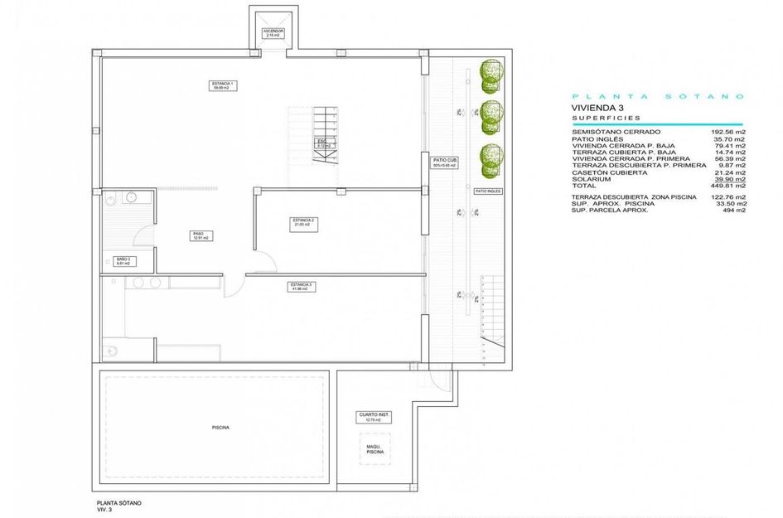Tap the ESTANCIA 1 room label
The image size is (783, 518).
(x=222, y=85)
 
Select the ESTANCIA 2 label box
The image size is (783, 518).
(x=301, y=222)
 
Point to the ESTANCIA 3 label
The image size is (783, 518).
(x=301, y=287)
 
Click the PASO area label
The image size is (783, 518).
(x=199, y=235)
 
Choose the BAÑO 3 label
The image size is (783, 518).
(x=123, y=261)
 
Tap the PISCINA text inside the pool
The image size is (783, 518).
(x=220, y=428)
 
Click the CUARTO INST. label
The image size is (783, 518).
(x=374, y=417)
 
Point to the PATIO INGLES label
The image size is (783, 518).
(x=489, y=191)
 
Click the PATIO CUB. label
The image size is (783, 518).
(x=446, y=163)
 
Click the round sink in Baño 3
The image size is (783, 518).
(x=131, y=197)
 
